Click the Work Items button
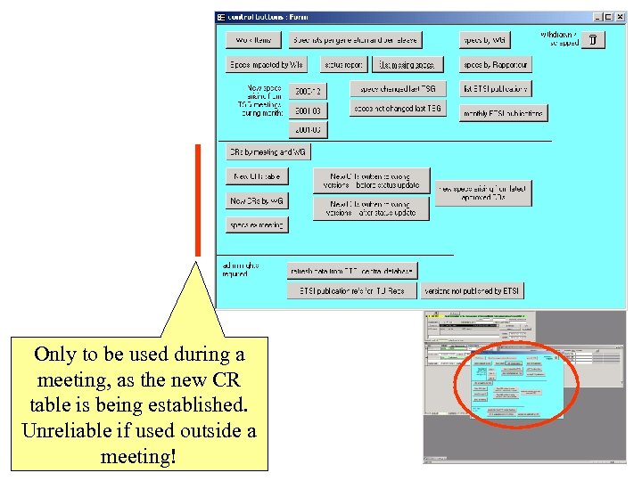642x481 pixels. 254,40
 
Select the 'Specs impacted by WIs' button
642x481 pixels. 267,65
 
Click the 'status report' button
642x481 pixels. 342,65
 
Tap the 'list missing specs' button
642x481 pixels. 407,65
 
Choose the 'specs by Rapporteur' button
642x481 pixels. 496,65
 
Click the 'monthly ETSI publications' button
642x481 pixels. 504,113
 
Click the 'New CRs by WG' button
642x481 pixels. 257,201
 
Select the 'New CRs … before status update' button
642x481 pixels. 371,181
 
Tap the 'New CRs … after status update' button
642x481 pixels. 371,208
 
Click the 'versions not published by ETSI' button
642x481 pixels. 472,291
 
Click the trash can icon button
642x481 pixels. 595,40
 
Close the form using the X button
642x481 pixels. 621,17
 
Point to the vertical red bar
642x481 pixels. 198,199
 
